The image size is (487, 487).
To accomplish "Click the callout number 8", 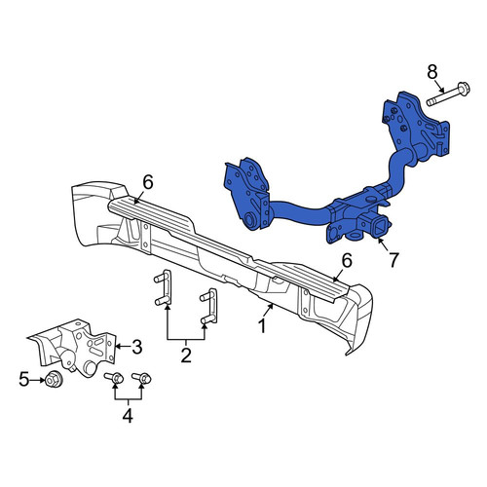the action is point(431,72).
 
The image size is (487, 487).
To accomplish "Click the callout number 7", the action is point(393,260).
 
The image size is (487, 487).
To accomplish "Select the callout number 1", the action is point(262,325).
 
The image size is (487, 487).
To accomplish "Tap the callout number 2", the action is point(186,356).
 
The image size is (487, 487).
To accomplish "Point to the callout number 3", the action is point(136,347).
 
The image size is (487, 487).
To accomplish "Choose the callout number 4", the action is point(128,416).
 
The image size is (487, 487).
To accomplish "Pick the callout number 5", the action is point(23,379).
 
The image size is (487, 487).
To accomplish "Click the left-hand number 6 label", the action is point(148,183).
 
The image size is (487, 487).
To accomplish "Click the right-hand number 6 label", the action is point(347,261).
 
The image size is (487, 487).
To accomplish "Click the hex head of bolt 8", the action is point(463,89).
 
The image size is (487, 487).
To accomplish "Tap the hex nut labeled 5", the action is point(52,380).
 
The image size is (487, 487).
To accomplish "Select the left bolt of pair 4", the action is point(114,378).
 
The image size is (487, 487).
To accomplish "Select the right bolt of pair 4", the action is point(142,378).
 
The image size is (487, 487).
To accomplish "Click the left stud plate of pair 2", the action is point(164,287).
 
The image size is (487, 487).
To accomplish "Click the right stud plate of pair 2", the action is point(210,306).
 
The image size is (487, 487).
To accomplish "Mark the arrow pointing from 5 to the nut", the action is point(38,380).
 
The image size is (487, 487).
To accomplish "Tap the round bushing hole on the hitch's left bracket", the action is point(249,220).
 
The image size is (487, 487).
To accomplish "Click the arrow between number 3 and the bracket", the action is point(123,347).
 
